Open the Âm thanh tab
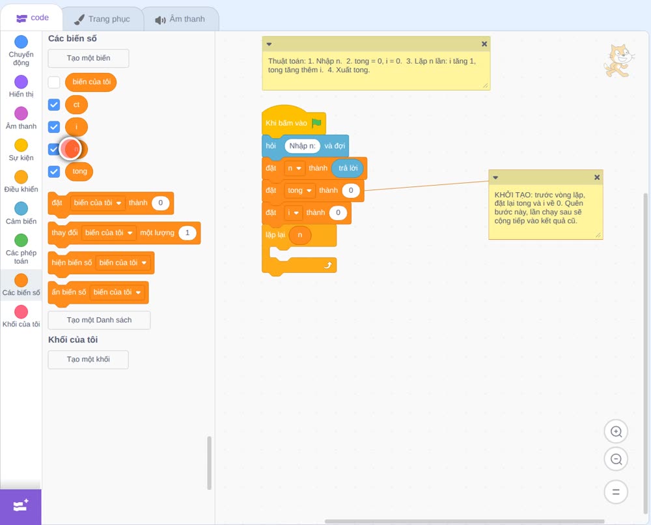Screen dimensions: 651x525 coord(180,19)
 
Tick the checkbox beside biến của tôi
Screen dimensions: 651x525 coord(54,82)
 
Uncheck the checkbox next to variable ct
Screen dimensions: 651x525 coord(54,105)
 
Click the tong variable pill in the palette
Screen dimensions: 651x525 coord(79,171)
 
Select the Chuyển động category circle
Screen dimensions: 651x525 coord(21,42)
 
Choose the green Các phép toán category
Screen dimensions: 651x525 coord(21,240)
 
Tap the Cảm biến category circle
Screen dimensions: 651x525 coord(21,208)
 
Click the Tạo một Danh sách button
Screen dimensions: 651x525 coord(99,320)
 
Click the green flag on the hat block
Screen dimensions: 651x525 coord(316,123)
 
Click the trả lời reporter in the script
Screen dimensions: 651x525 coord(348,168)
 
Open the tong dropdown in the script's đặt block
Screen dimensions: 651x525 coord(299,191)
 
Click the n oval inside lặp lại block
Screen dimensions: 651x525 coord(299,235)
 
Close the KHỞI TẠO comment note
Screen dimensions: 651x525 coord(597,177)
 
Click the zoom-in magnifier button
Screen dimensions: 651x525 coord(616,432)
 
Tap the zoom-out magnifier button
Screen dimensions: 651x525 coord(616,459)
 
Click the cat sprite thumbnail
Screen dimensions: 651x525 coord(618,61)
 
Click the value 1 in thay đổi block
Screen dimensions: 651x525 coord(187,233)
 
